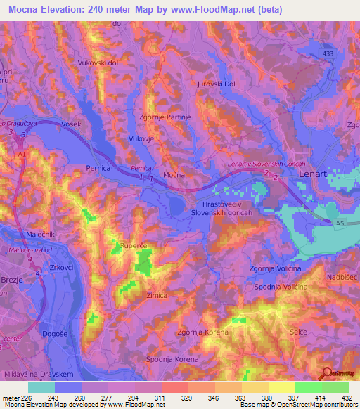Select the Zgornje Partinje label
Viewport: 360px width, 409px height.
pyautogui.click(x=165, y=117)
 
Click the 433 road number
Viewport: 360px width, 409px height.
pyautogui.click(x=328, y=53)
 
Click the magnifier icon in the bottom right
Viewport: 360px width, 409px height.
pyautogui.click(x=327, y=374)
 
